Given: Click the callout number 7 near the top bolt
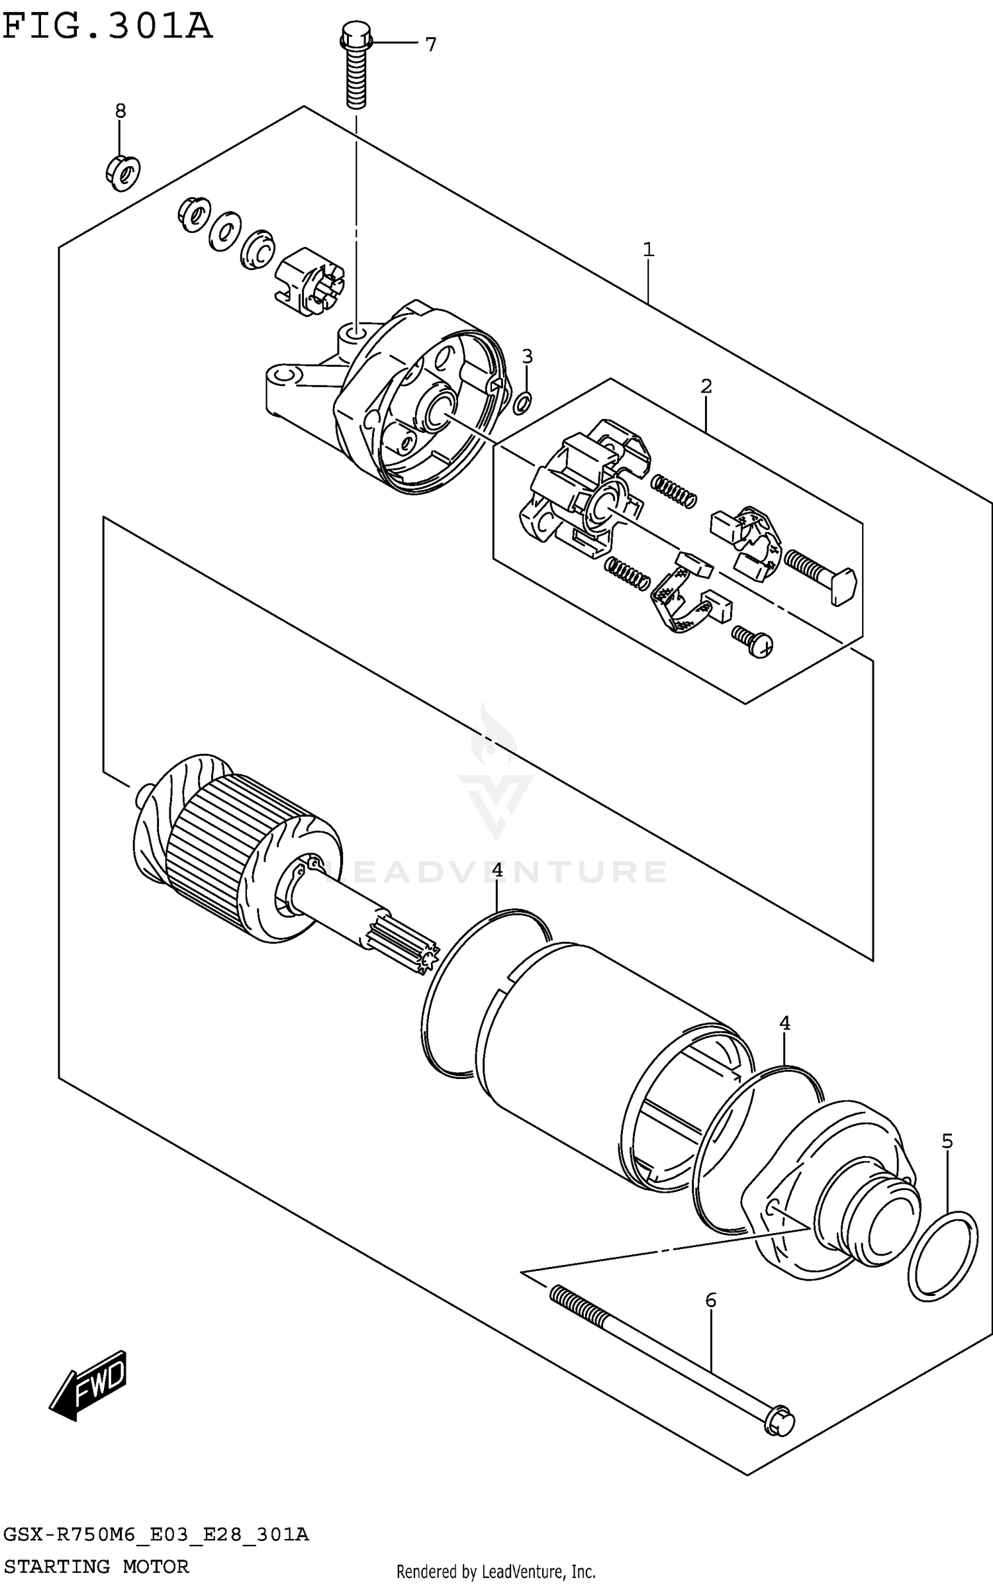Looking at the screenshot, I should click(x=430, y=44).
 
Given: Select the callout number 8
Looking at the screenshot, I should click(x=120, y=111).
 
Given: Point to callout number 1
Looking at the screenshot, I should click(x=648, y=250).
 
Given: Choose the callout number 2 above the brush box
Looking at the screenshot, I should click(x=706, y=386).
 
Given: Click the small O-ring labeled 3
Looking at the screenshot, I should click(x=522, y=401).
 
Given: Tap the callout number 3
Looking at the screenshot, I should click(x=527, y=357).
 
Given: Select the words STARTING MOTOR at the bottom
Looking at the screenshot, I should click(x=97, y=1566).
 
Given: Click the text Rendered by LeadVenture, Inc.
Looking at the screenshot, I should click(x=496, y=1571).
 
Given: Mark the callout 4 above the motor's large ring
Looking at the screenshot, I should click(x=497, y=871).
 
